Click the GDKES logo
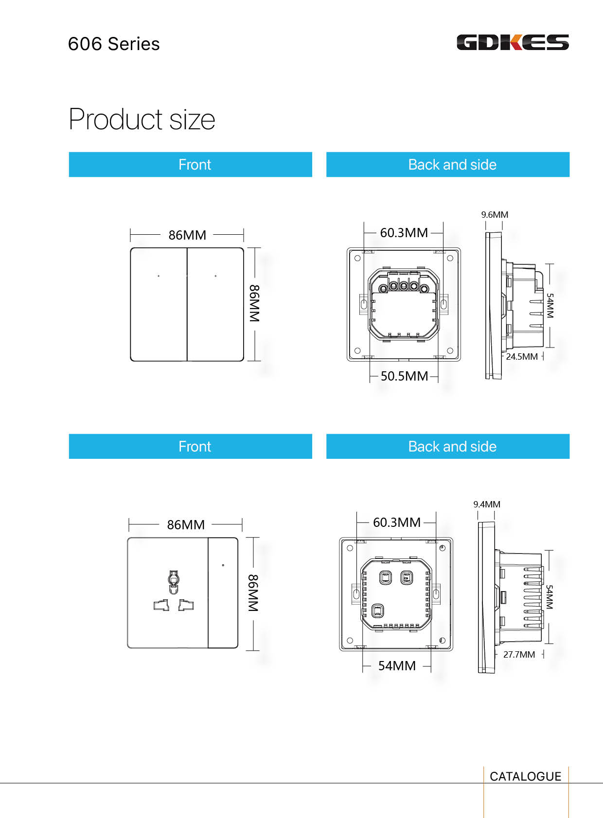pos(513,42)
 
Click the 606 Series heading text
pos(114,44)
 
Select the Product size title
pos(142,119)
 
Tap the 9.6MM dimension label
pos(495,215)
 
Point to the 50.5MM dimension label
pos(404,376)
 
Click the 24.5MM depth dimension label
pos(521,356)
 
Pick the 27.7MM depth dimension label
pos(519,654)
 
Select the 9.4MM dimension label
pos(487,505)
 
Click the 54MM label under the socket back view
pos(397,666)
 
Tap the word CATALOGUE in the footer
pos(525,776)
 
